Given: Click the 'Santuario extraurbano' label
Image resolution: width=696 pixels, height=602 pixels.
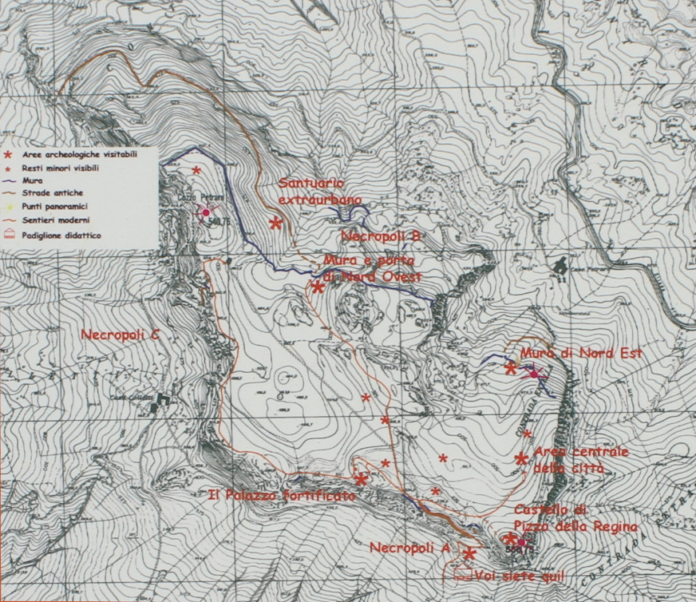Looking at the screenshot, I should pyautogui.click(x=311, y=191).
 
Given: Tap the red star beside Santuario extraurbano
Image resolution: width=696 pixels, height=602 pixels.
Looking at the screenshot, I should pyautogui.click(x=275, y=222).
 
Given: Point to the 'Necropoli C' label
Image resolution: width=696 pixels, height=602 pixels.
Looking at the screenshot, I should pyautogui.click(x=120, y=334).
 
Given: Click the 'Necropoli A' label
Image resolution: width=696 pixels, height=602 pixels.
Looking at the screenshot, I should pyautogui.click(x=408, y=548).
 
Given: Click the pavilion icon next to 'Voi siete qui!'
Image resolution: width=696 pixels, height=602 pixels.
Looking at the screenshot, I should pyautogui.click(x=463, y=573).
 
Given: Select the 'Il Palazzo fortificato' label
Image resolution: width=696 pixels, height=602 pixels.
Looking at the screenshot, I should pyautogui.click(x=282, y=495).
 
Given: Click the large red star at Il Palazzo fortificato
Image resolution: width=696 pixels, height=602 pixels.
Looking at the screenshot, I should pyautogui.click(x=361, y=479).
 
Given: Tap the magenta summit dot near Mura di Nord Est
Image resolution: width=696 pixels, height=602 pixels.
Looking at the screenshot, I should pyautogui.click(x=534, y=374).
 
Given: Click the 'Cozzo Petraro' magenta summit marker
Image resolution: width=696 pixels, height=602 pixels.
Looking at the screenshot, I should pyautogui.click(x=206, y=213).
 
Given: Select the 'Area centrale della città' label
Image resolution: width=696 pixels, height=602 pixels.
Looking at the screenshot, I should pyautogui.click(x=581, y=460).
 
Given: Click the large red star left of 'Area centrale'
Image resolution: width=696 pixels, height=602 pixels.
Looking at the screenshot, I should pyautogui.click(x=521, y=459).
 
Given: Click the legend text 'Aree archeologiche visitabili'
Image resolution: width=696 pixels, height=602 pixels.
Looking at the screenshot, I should pyautogui.click(x=79, y=155).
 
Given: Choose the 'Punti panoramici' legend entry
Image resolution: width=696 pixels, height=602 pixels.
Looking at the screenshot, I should pyautogui.click(x=54, y=206).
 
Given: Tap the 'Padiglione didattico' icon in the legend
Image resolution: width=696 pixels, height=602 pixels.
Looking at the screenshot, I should pyautogui.click(x=8, y=234).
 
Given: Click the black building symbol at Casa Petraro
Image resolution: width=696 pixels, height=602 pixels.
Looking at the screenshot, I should pyautogui.click(x=560, y=266).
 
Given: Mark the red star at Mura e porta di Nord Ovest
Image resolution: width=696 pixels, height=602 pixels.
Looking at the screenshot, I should pyautogui.click(x=317, y=287).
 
